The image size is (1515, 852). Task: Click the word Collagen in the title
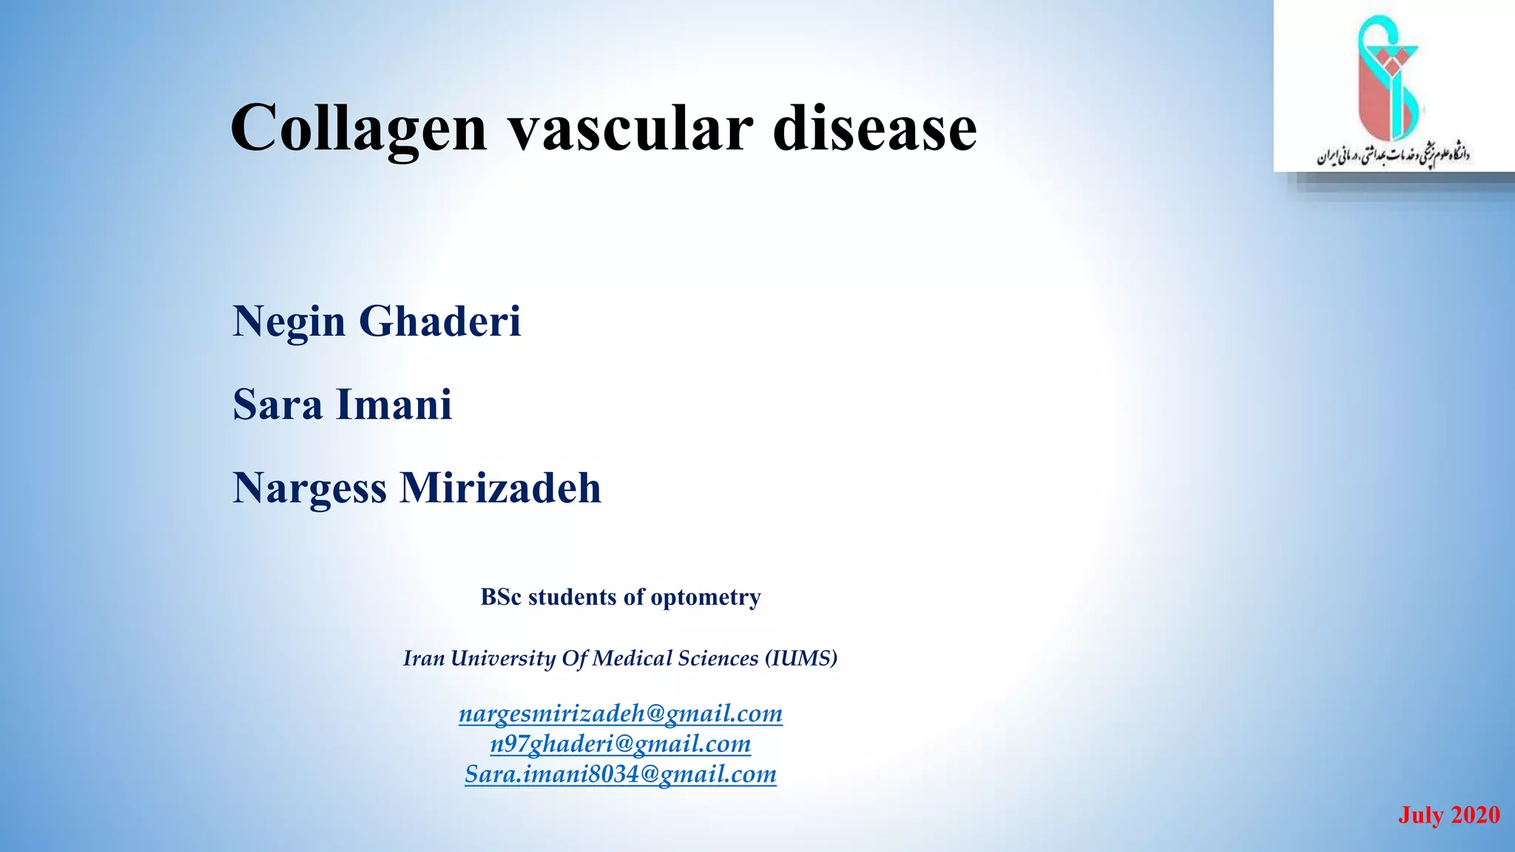pos(359,129)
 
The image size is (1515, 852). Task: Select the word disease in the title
pos(874,129)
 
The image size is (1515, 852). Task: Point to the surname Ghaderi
pos(440,322)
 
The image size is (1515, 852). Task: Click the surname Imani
pos(394,405)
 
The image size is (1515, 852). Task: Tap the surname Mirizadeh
pos(501,488)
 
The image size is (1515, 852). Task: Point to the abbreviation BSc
pos(501,597)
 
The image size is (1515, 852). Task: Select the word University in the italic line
pos(503,658)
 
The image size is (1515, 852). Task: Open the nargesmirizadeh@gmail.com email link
pos(621,714)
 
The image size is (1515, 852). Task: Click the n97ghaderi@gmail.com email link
pos(621,744)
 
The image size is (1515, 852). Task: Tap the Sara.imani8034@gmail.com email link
pos(621,774)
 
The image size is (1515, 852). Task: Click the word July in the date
pos(1421,815)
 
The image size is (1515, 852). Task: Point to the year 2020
pos(1475,815)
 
